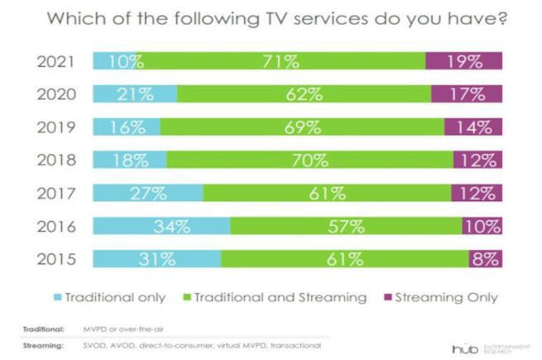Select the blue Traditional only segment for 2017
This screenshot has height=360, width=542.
click(148, 192)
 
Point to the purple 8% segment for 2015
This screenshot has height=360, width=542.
click(485, 258)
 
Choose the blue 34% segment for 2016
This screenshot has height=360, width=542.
click(162, 225)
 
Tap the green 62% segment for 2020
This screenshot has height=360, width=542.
click(310, 94)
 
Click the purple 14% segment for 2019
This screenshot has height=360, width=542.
click(472, 127)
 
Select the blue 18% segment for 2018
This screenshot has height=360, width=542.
click(130, 160)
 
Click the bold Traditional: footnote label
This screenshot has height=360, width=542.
click(38, 329)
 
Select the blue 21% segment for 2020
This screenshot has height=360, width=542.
click(135, 94)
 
